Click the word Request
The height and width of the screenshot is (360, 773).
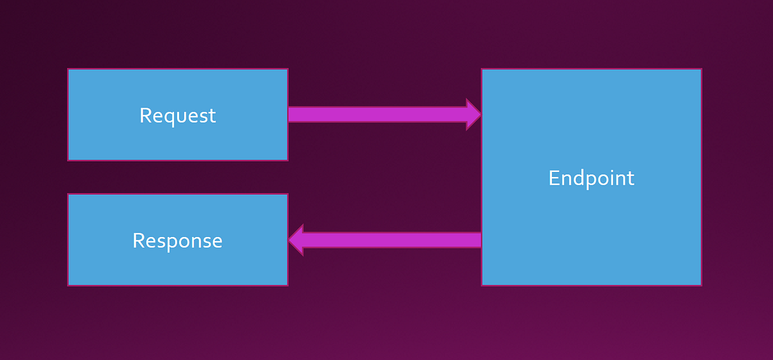click(x=178, y=115)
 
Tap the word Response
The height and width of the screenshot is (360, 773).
click(x=177, y=240)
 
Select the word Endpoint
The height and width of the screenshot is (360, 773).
click(x=591, y=178)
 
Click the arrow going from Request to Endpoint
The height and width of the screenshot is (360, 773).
click(x=380, y=115)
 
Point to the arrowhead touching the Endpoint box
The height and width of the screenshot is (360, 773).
click(x=473, y=115)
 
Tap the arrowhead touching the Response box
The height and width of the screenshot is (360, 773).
click(x=296, y=240)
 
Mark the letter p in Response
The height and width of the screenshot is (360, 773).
click(x=176, y=243)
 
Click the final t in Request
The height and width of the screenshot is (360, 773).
click(x=213, y=116)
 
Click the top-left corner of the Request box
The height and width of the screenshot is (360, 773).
click(x=68, y=70)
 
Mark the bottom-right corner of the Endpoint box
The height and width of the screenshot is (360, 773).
click(x=700, y=285)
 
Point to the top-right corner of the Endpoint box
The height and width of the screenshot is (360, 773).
click(x=700, y=70)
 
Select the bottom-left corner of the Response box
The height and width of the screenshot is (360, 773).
click(x=68, y=285)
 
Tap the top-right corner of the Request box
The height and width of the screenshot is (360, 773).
click(x=287, y=70)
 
